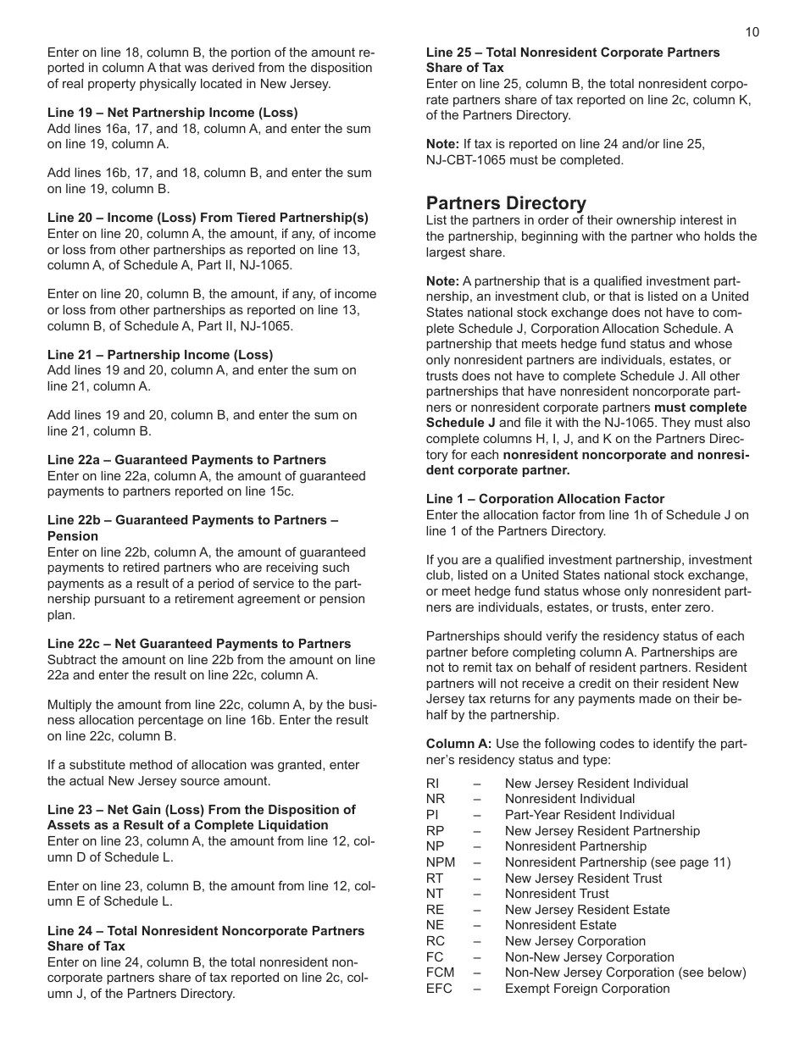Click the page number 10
pos(752,32)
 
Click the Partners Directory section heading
pos(506,203)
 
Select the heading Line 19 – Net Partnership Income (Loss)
pos(172,113)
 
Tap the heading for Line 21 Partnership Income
pos(160,355)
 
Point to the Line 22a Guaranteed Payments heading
pos(186,460)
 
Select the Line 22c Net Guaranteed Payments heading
pos(199,644)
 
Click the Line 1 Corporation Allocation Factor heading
pos(545,499)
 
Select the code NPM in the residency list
pos(441,862)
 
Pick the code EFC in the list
pos(439,989)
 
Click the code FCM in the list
pos(441,973)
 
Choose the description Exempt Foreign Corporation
pos(587,989)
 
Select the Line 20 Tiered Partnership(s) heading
pos(208,218)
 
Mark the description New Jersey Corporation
pos(575,941)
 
